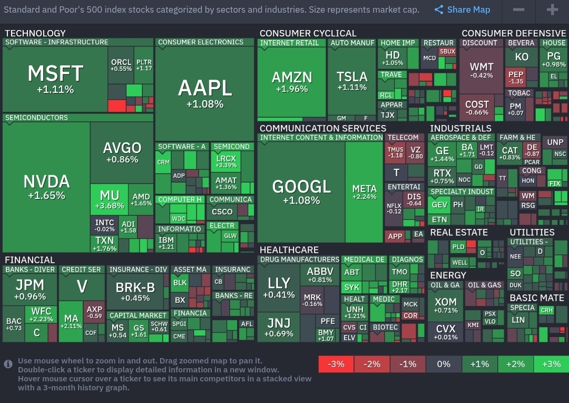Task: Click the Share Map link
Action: point(463,9)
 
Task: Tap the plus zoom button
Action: point(552,9)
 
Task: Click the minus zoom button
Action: point(518,9)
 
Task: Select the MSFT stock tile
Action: point(55,79)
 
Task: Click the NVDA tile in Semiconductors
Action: point(46,187)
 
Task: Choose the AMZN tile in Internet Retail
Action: point(291,82)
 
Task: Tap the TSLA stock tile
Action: point(352,82)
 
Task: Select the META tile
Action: point(364,193)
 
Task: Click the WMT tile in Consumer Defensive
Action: point(482,70)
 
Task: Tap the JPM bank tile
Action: point(30,289)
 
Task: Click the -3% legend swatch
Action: point(336,364)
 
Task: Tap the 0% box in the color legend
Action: point(444,364)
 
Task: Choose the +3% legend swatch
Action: point(551,364)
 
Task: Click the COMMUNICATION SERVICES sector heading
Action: point(322,128)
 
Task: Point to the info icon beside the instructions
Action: point(8,364)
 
